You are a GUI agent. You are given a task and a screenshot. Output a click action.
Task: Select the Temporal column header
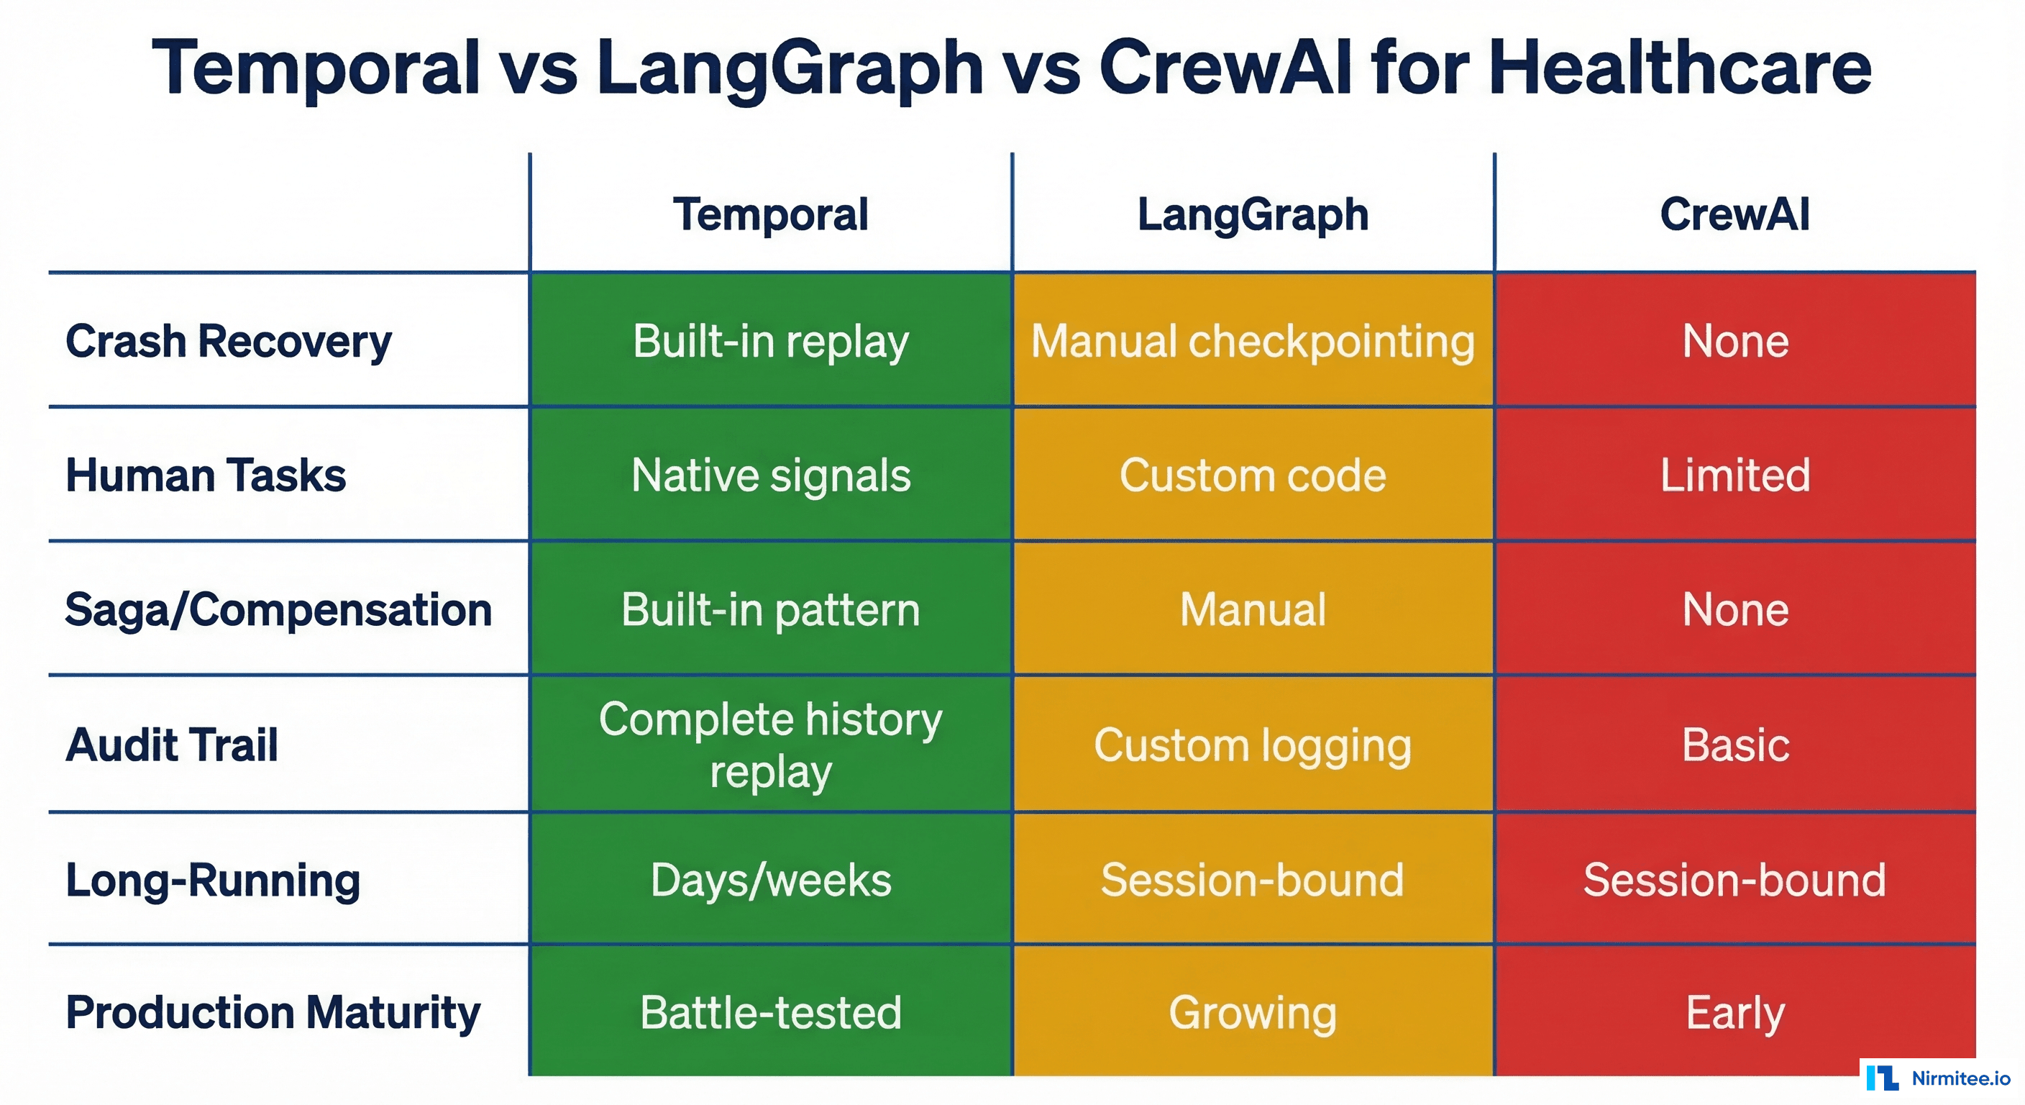[x=770, y=214]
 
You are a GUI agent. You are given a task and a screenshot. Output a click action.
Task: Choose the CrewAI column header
[x=1734, y=214]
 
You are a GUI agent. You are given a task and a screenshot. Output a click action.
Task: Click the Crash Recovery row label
[x=228, y=341]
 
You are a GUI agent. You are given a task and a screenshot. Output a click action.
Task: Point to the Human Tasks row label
[x=206, y=475]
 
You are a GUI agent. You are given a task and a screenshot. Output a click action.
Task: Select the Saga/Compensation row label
[x=278, y=609]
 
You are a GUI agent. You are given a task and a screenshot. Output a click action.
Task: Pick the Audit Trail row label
[x=172, y=744]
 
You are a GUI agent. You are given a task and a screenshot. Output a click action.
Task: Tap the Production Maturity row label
[x=273, y=1012]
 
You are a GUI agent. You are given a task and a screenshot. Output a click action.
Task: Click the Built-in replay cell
[x=770, y=341]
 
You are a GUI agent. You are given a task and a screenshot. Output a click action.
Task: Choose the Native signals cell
[x=770, y=475]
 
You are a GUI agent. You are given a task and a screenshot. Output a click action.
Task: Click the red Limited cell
[x=1734, y=475]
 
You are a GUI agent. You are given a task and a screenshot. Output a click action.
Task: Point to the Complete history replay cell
[x=770, y=744]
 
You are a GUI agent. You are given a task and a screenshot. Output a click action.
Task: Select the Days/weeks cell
[x=770, y=879]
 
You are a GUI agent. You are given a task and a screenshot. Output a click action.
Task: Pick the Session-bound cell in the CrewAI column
[x=1734, y=879]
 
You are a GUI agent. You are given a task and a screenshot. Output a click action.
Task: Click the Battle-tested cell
[x=770, y=1012]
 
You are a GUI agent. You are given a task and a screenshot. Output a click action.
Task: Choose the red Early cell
[x=1734, y=1012]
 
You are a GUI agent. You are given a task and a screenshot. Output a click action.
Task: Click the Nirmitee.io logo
[x=1938, y=1078]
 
